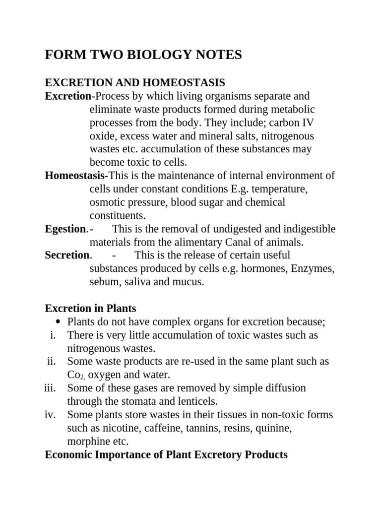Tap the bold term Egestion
point(65,229)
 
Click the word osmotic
point(107,202)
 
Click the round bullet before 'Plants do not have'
point(59,322)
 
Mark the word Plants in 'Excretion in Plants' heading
point(120,309)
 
